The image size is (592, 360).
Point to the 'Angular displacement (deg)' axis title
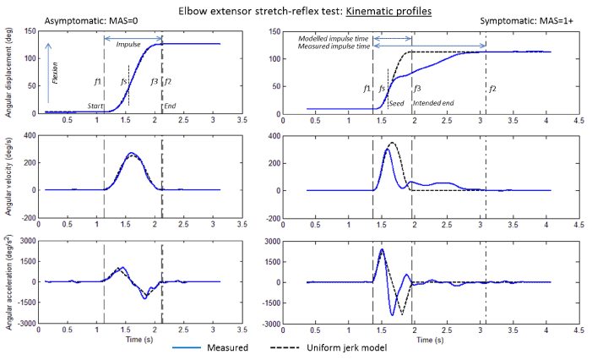point(8,73)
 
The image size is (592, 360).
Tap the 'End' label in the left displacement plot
point(170,106)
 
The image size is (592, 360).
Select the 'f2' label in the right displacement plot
point(492,89)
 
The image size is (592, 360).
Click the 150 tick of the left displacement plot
point(31,31)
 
